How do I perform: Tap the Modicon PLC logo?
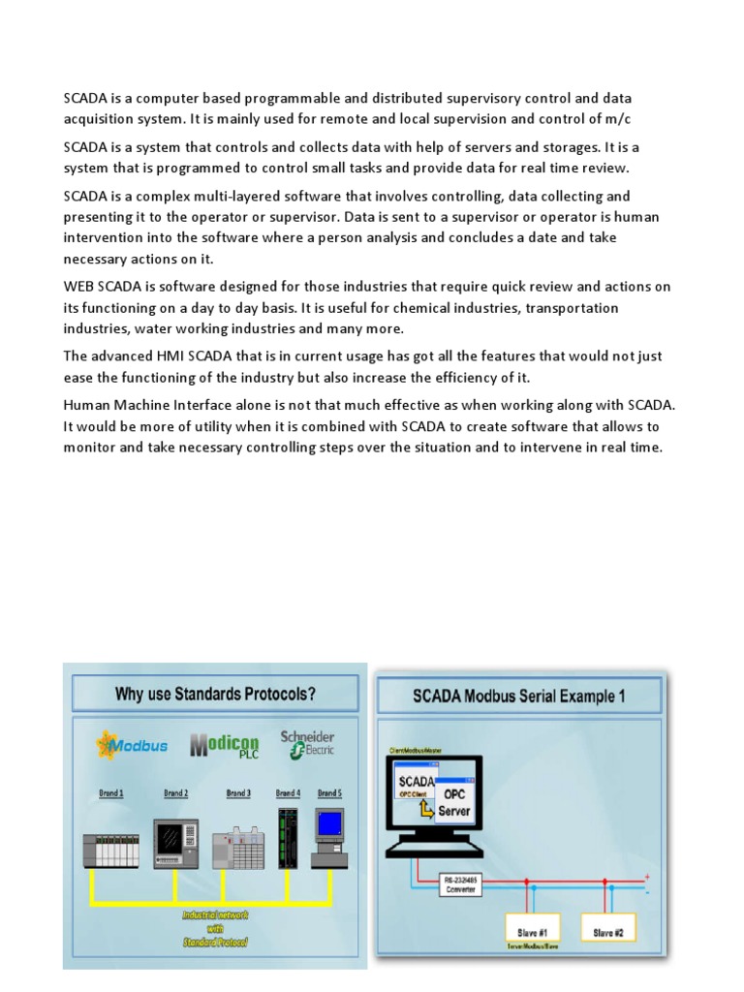pyautogui.click(x=225, y=746)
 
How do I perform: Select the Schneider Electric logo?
pyautogui.click(x=307, y=744)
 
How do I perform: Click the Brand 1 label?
pyautogui.click(x=111, y=793)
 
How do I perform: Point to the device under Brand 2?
pyautogui.click(x=175, y=842)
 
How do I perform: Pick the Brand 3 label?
pyautogui.click(x=238, y=793)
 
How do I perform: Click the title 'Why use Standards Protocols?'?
pyautogui.click(x=215, y=694)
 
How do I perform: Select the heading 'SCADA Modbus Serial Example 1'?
pyautogui.click(x=519, y=696)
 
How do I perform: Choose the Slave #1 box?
pyautogui.click(x=529, y=933)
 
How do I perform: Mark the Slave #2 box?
pyautogui.click(x=608, y=933)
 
